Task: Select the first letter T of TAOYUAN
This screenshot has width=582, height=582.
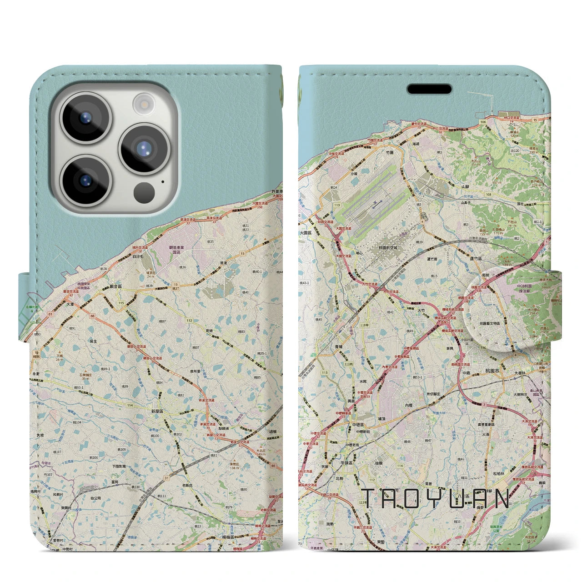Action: pos(369,499)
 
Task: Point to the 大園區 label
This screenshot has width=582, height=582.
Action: pos(306,232)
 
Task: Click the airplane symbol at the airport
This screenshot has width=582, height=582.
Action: pos(374,204)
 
